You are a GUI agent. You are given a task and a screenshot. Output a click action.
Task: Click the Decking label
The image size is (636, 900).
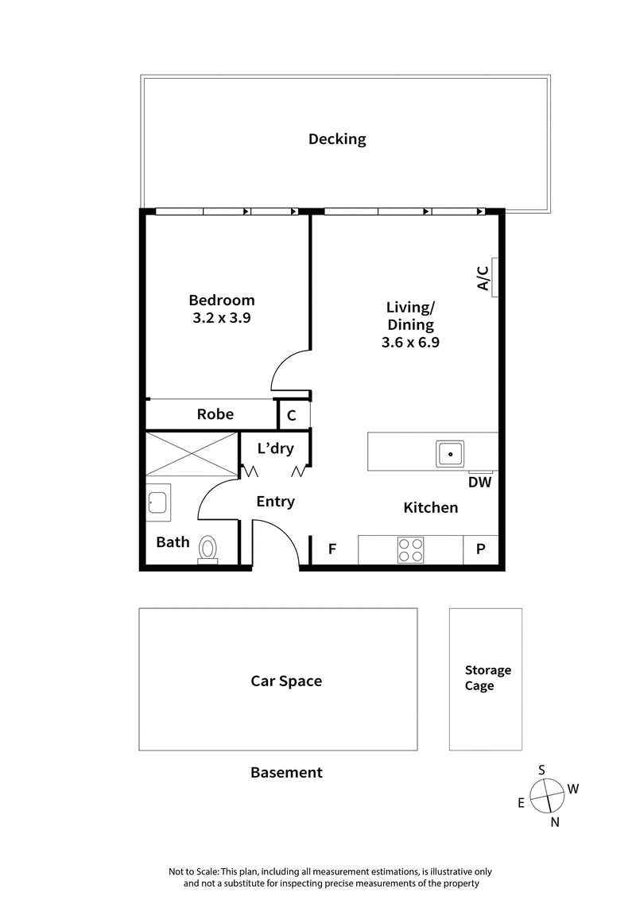(x=337, y=140)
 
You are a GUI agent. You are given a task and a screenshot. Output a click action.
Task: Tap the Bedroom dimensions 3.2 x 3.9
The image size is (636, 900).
(x=221, y=317)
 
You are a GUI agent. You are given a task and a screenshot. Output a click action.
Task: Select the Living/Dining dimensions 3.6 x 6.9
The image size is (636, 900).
(x=410, y=343)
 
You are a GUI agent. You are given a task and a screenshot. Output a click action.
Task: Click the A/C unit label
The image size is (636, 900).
(x=483, y=277)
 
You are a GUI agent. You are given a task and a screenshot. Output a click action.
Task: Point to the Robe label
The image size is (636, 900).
(x=215, y=414)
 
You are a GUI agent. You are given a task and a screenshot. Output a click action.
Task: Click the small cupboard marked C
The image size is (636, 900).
(x=292, y=415)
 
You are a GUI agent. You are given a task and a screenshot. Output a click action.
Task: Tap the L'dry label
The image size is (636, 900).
(x=276, y=449)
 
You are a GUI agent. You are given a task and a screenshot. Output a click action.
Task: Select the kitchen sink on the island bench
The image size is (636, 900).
(x=450, y=453)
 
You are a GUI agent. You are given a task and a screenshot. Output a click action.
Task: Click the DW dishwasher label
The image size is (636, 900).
(x=479, y=482)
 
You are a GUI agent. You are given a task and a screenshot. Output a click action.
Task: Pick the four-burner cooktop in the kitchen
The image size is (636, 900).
(x=411, y=550)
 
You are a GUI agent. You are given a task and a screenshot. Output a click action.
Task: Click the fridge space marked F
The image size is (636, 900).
(x=332, y=549)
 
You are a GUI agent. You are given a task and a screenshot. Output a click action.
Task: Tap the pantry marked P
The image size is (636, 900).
(x=481, y=549)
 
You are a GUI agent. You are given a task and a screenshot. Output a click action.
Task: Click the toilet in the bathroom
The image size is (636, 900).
(x=208, y=548)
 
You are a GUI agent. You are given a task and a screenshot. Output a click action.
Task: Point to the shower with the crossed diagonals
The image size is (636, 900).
(x=192, y=454)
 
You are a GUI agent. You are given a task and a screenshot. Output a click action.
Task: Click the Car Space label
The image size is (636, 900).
(x=286, y=681)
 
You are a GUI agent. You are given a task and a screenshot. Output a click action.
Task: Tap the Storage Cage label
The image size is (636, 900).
(x=487, y=678)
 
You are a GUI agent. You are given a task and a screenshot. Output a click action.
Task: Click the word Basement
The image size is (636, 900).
(x=286, y=772)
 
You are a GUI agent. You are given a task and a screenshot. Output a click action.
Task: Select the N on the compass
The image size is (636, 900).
(x=555, y=823)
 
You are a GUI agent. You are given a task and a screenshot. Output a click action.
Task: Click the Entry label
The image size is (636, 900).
(x=276, y=502)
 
